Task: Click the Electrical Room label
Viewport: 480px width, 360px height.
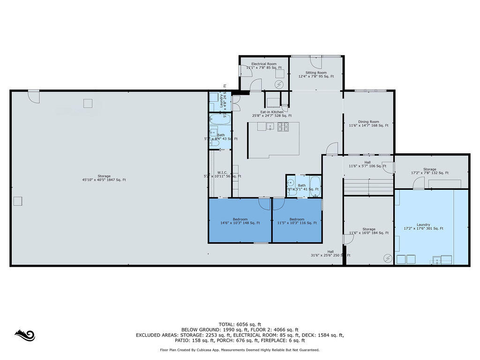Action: click(x=264, y=66)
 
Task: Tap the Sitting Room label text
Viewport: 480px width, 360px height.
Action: click(x=316, y=74)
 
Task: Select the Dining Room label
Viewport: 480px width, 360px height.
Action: click(x=368, y=123)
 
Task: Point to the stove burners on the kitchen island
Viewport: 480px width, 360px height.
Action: click(x=283, y=126)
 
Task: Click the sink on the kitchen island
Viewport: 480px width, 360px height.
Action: click(x=270, y=126)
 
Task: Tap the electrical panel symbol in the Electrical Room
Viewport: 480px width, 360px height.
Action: click(x=279, y=84)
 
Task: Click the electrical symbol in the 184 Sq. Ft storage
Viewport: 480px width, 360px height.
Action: click(x=388, y=258)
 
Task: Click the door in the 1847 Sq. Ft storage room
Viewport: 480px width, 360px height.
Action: click(x=34, y=96)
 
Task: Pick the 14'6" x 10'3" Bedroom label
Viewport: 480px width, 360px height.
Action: click(x=240, y=221)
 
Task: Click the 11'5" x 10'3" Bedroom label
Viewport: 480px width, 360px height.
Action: click(x=297, y=221)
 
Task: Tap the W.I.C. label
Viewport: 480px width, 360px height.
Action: click(x=222, y=174)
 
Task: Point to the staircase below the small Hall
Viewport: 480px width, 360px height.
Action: click(x=368, y=187)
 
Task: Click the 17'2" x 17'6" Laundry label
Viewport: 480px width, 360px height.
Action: click(x=423, y=226)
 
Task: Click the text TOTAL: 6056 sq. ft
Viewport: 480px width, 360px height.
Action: click(x=240, y=324)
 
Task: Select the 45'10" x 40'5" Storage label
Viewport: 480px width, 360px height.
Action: click(x=104, y=178)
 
